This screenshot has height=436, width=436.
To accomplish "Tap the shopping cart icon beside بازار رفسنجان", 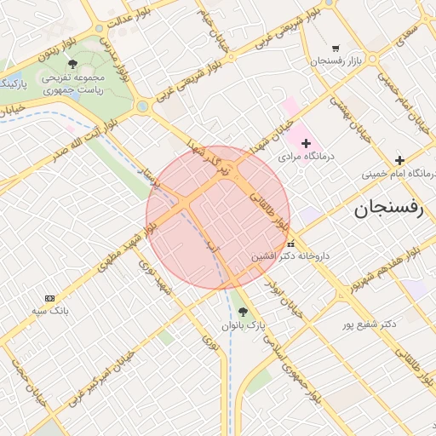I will (x=336, y=49).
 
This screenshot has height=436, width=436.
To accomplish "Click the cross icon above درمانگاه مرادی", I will (x=306, y=143).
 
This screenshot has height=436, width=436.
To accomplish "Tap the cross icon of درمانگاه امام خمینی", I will (x=399, y=160).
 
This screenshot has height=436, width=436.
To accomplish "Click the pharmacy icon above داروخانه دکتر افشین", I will (x=291, y=244).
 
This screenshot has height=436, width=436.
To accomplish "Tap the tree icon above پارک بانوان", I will (x=244, y=313).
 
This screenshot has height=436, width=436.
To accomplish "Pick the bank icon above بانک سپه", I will (x=49, y=298).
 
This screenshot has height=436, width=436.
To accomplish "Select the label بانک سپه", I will (x=50, y=311).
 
